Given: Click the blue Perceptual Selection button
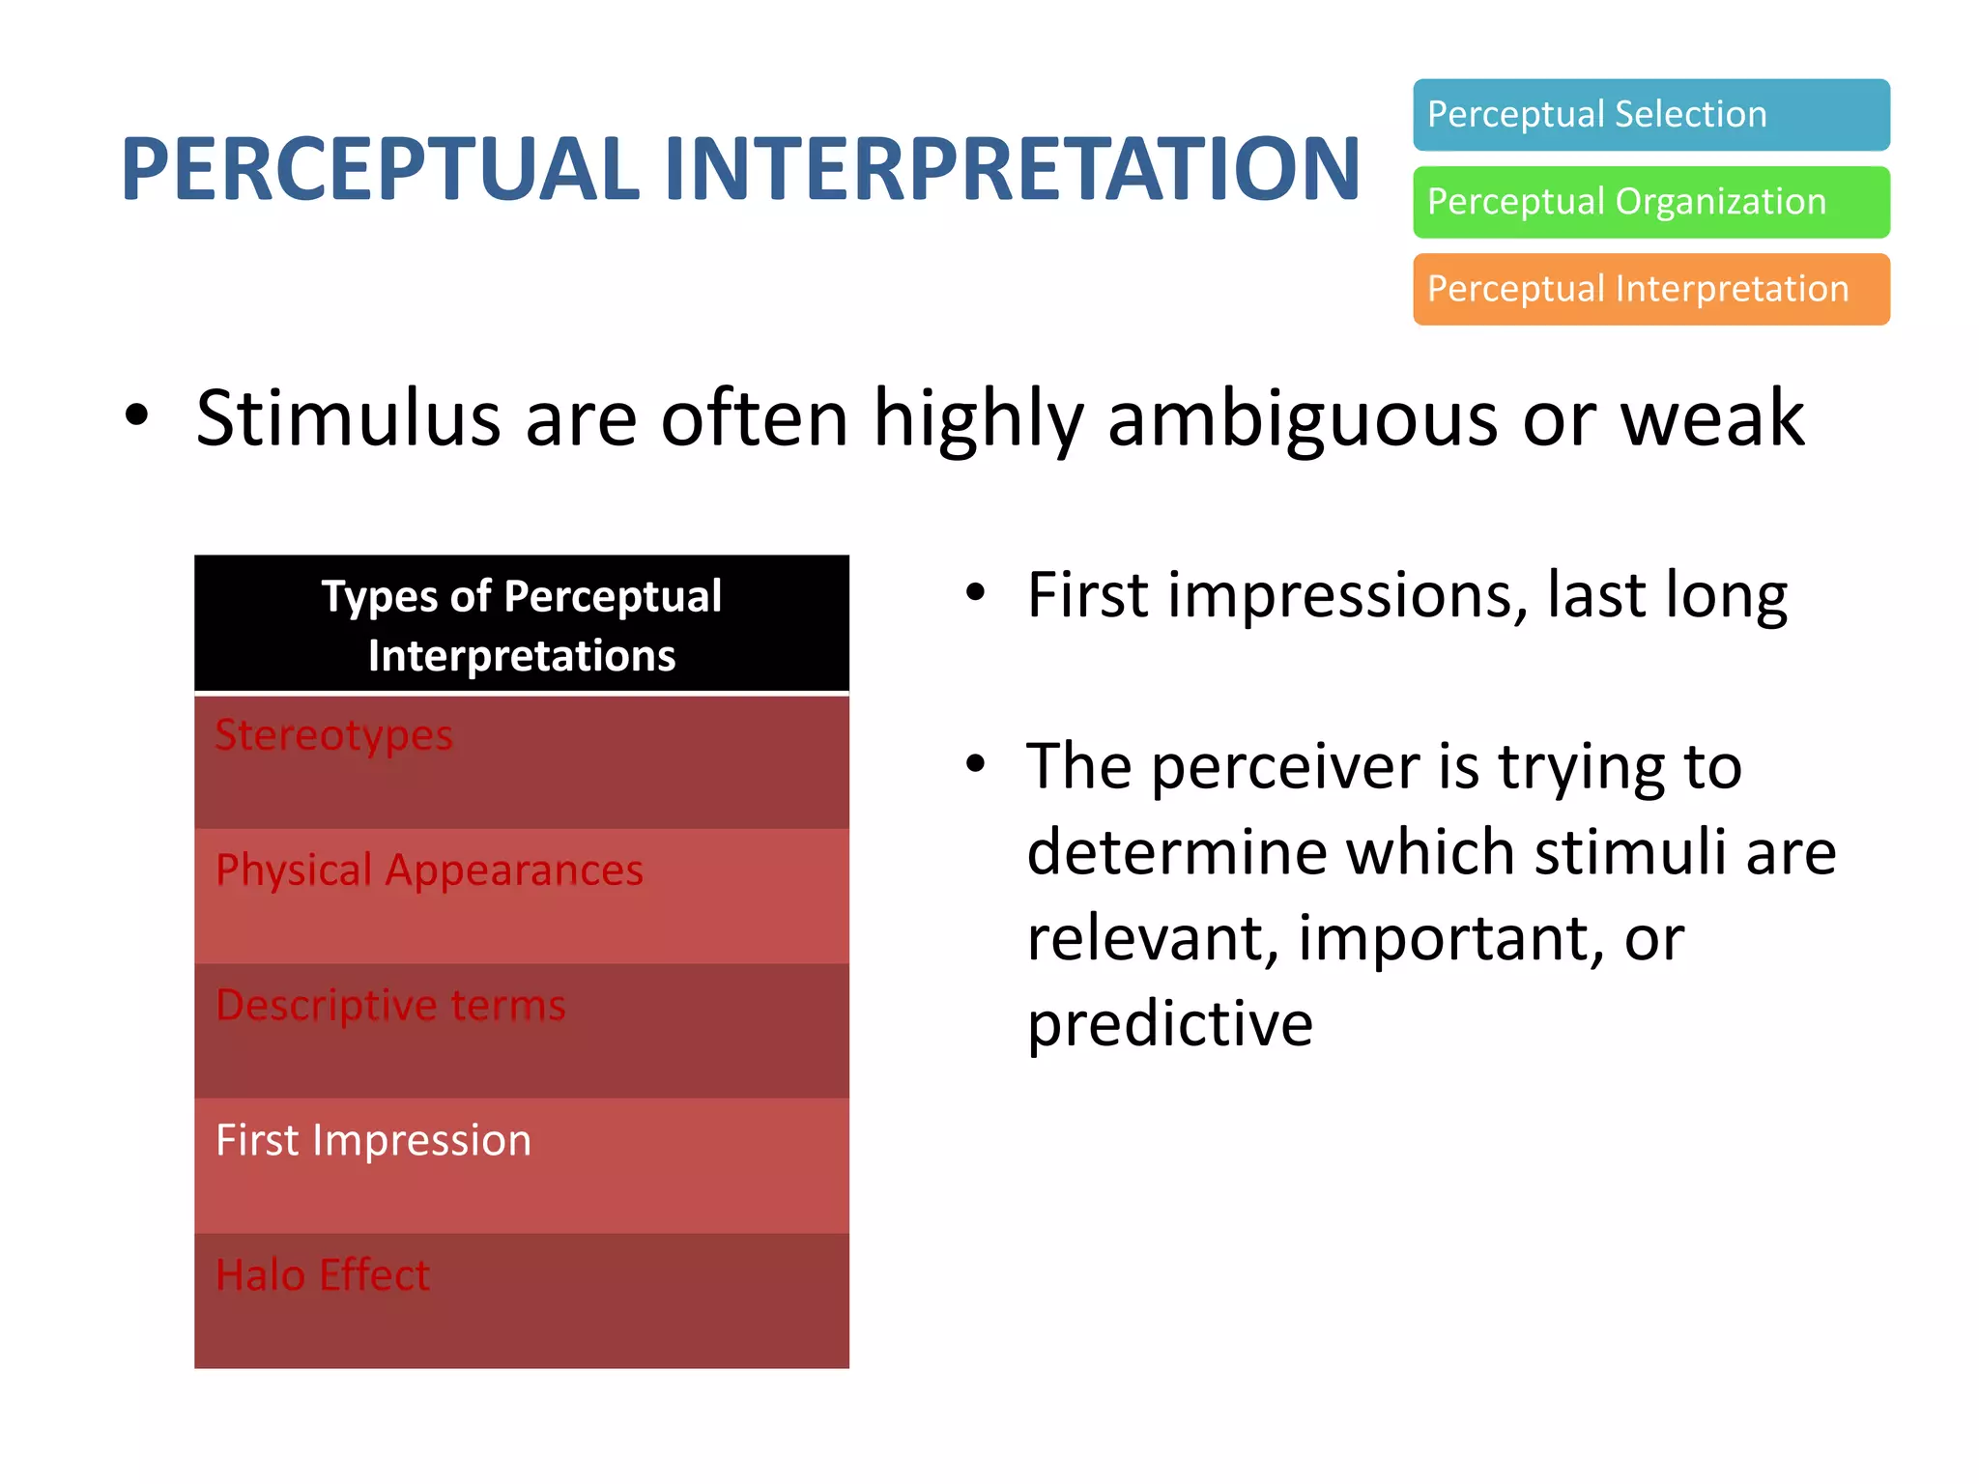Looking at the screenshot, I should [x=1650, y=115].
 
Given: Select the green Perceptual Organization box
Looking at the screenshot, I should [x=1650, y=202].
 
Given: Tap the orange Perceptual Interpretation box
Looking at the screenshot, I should [x=1650, y=289].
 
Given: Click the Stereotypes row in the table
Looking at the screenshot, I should [x=522, y=760].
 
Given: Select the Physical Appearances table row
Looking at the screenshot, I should [x=522, y=895].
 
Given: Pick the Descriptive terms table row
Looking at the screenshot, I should [x=522, y=1030].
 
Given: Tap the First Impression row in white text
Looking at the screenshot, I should [x=522, y=1164].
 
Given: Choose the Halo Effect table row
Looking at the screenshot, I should [x=522, y=1299].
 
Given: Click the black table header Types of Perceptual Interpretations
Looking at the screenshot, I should [x=522, y=624].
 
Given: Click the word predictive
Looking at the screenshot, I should [x=1169, y=1024].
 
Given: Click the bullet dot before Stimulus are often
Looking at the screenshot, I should [x=137, y=415].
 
